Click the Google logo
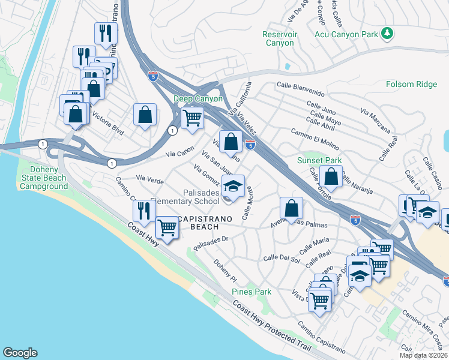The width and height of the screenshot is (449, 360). (20, 353)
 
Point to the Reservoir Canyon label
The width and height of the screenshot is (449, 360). (280, 38)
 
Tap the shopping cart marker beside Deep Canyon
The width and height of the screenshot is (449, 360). (192, 117)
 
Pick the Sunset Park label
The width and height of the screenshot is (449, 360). (319, 160)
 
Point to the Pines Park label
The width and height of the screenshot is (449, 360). (252, 292)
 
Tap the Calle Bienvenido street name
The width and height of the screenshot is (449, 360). (301, 90)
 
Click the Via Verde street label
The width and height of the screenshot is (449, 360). (150, 178)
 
